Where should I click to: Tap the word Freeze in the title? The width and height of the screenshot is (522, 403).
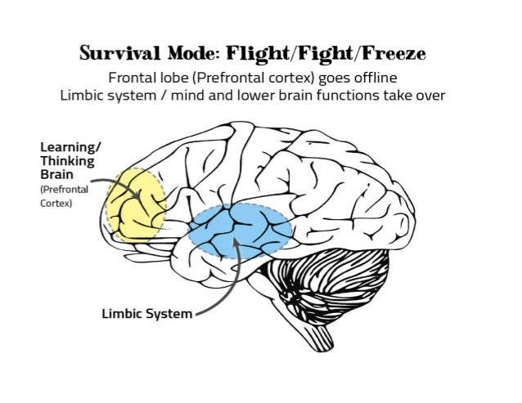[x=399, y=55]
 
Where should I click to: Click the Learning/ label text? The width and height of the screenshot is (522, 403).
[x=70, y=147]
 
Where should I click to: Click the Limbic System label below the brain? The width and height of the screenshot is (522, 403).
[x=147, y=313]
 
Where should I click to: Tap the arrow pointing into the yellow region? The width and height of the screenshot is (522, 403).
[x=111, y=182]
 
